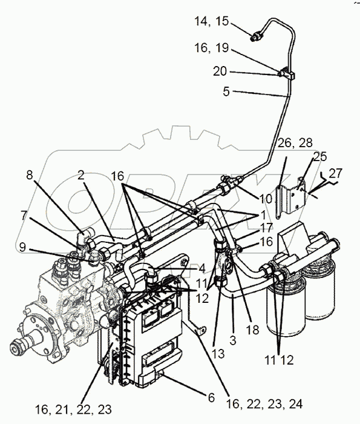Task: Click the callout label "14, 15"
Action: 212,21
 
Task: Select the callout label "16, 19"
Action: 212,48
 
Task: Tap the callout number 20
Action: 220,71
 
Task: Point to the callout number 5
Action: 226,91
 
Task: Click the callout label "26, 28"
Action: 295,143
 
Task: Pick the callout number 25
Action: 320,156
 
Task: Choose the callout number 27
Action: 336,173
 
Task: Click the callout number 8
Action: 30,175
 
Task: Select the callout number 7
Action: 24,216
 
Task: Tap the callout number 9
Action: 22,247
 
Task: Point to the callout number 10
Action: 266,199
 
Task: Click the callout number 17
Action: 267,228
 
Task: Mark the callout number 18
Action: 253,330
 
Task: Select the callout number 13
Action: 218,353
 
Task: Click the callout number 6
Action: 211,398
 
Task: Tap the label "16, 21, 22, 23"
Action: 73,410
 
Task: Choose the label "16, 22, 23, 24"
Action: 264,404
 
